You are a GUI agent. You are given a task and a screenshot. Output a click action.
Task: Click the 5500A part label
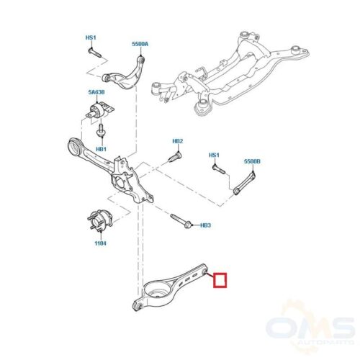[x=140, y=44]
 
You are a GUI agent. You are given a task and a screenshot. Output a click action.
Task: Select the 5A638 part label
[x=96, y=92]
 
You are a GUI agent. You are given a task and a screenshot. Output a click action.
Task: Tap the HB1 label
[x=101, y=149]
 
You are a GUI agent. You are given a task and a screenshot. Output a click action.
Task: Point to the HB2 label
[x=178, y=141]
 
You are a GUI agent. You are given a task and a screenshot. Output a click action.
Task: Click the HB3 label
[x=205, y=225]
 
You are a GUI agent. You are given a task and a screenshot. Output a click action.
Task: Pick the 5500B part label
[x=252, y=161]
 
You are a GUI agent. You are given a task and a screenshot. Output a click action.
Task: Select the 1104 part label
[x=100, y=243]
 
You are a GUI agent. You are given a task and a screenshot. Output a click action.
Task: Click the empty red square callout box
[x=220, y=280]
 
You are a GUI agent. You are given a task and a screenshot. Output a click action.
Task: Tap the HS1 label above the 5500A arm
[x=91, y=37]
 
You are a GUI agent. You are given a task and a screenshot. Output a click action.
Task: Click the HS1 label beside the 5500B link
[x=214, y=156]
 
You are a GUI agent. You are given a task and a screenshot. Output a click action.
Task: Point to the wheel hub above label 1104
[x=99, y=221]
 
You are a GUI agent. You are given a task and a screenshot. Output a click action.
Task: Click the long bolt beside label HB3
[x=181, y=221]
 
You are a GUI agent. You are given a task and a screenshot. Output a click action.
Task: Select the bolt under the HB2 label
[x=175, y=156]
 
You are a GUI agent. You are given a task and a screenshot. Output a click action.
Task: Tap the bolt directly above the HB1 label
[x=101, y=131]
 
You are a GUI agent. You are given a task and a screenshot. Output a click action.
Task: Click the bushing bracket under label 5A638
[x=100, y=111]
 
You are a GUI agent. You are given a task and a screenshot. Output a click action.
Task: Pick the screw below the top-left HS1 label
[x=94, y=53]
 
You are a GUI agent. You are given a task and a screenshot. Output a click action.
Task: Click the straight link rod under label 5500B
[x=244, y=183]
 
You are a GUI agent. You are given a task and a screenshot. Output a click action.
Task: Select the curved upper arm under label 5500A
[x=125, y=74]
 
